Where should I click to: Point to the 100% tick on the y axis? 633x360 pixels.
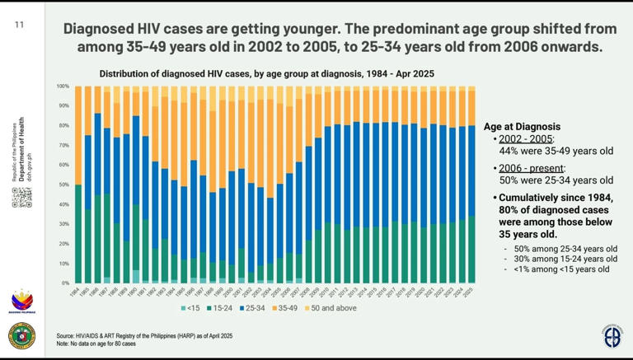(x=63, y=86)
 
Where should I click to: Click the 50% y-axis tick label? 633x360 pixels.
(x=63, y=185)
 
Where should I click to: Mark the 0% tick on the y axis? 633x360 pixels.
(x=64, y=283)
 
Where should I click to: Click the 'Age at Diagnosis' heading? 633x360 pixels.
(x=522, y=127)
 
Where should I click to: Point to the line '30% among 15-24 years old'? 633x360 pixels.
(x=560, y=259)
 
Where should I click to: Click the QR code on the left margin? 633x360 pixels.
(x=22, y=198)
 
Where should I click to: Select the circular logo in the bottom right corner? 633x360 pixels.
(x=612, y=336)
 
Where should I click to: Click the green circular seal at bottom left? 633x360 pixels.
(x=21, y=336)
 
